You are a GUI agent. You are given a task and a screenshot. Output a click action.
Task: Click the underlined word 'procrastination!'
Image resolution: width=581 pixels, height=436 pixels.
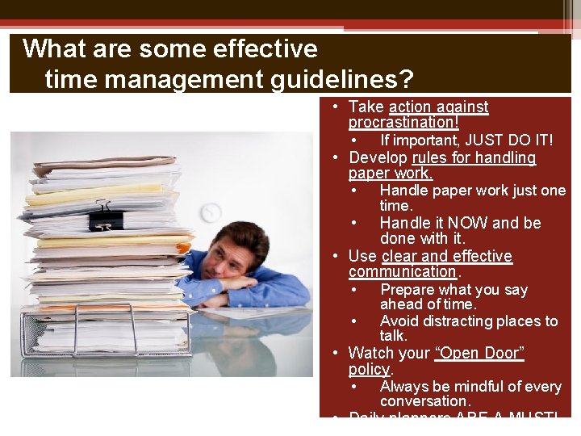[x=403, y=123]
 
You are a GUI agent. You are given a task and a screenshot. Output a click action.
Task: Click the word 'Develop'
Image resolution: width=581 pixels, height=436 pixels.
[x=378, y=157]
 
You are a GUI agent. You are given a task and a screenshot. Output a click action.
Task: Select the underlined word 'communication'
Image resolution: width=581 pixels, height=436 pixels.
[x=402, y=272]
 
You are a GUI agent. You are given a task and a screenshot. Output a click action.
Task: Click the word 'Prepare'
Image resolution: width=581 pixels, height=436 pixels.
[x=408, y=289]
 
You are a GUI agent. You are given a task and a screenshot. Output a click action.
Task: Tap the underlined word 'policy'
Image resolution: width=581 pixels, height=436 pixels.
[x=369, y=369]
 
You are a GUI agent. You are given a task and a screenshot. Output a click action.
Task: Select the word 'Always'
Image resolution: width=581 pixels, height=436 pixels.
[x=404, y=387]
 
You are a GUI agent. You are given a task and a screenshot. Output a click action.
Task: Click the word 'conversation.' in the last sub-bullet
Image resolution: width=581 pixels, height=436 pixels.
[x=425, y=401]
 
